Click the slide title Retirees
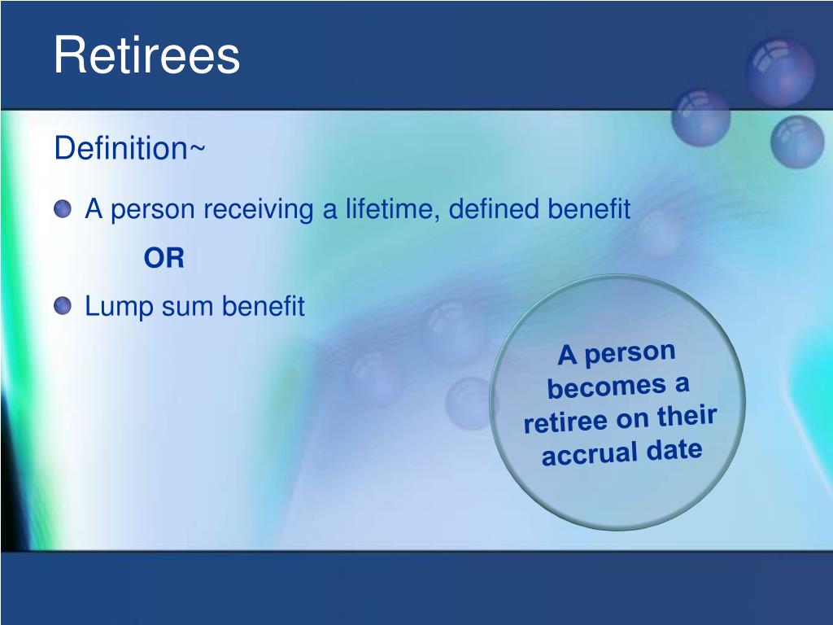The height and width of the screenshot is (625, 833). click(146, 55)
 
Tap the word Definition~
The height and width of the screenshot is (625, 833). click(129, 148)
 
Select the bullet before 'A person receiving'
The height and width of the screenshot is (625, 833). click(63, 209)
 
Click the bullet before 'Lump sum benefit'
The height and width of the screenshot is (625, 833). click(63, 306)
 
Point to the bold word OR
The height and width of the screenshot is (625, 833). click(164, 258)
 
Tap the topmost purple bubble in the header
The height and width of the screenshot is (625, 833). click(780, 72)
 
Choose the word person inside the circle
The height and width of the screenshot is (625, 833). click(630, 353)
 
